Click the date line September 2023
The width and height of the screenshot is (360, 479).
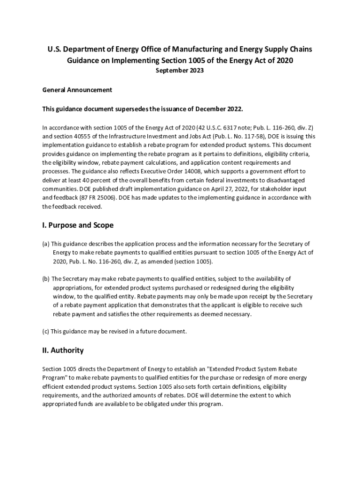(180, 71)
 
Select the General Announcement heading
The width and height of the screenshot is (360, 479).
(77, 90)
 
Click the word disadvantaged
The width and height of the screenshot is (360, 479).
(283, 180)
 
